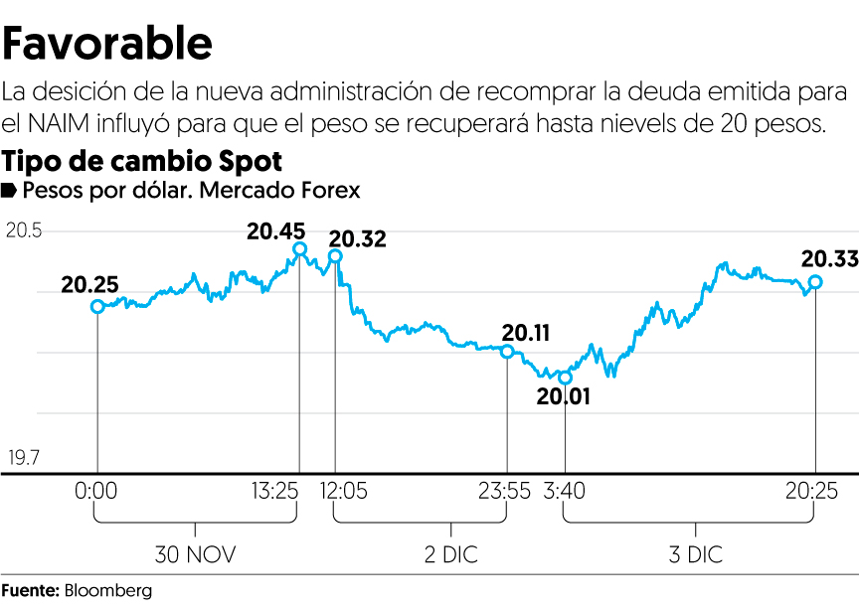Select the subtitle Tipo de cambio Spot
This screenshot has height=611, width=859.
tap(143, 161)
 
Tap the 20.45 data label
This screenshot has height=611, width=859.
tap(276, 230)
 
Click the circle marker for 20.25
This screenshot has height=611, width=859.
tap(97, 306)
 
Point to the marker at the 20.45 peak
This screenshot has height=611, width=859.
tap(300, 249)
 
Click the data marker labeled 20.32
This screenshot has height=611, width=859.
tap(335, 256)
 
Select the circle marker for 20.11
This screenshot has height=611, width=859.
tap(507, 352)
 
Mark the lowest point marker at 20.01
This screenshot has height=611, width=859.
tap(566, 378)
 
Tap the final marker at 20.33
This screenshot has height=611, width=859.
tap(815, 282)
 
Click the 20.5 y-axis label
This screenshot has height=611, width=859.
tap(24, 230)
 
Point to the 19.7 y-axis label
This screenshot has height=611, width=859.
tap(24, 458)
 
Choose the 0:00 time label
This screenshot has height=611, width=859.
tap(97, 491)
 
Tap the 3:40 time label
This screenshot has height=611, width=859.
tap(566, 491)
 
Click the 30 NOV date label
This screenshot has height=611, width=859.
tap(196, 553)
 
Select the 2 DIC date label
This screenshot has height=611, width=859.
tap(449, 553)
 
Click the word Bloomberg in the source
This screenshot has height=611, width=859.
tap(108, 591)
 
